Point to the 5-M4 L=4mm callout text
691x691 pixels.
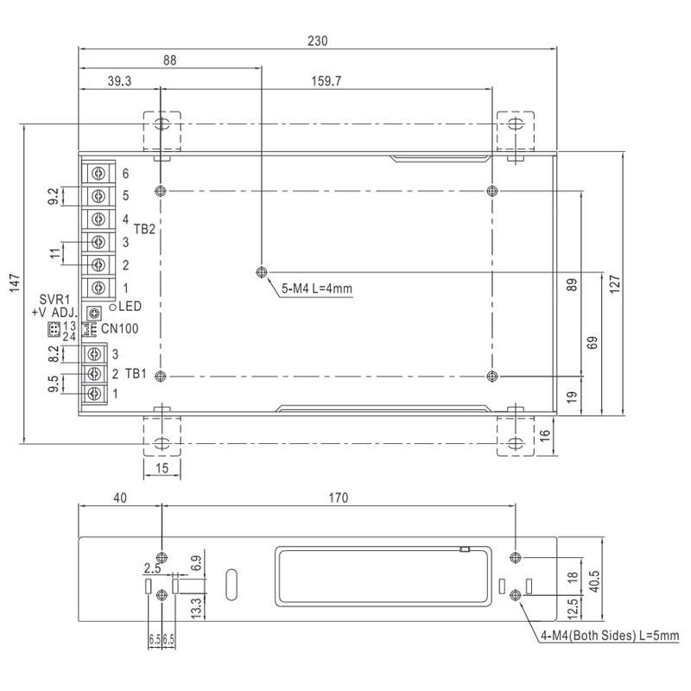pos(317,288)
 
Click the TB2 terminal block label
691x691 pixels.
pos(144,230)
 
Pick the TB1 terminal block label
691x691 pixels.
pos(136,373)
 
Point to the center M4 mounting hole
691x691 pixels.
pos(261,272)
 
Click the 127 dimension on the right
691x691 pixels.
pos(614,283)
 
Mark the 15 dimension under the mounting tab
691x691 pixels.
pos(162,468)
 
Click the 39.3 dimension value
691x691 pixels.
pos(119,81)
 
